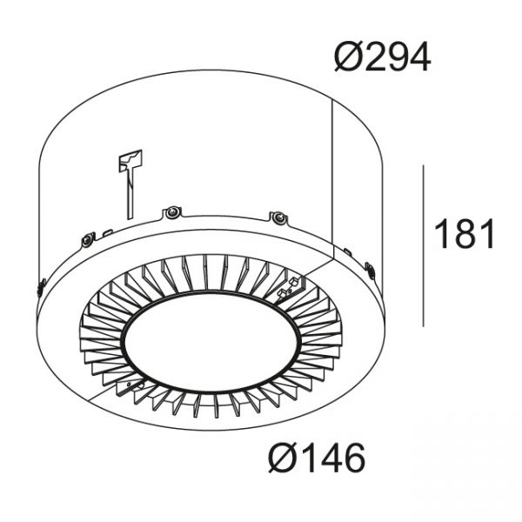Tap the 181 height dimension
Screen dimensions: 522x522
(465, 234)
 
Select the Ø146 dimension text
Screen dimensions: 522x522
(317, 458)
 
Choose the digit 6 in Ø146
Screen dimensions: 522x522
(354, 458)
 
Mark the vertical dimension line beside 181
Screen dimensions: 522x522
(423, 245)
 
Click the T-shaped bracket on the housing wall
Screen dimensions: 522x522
(130, 183)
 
